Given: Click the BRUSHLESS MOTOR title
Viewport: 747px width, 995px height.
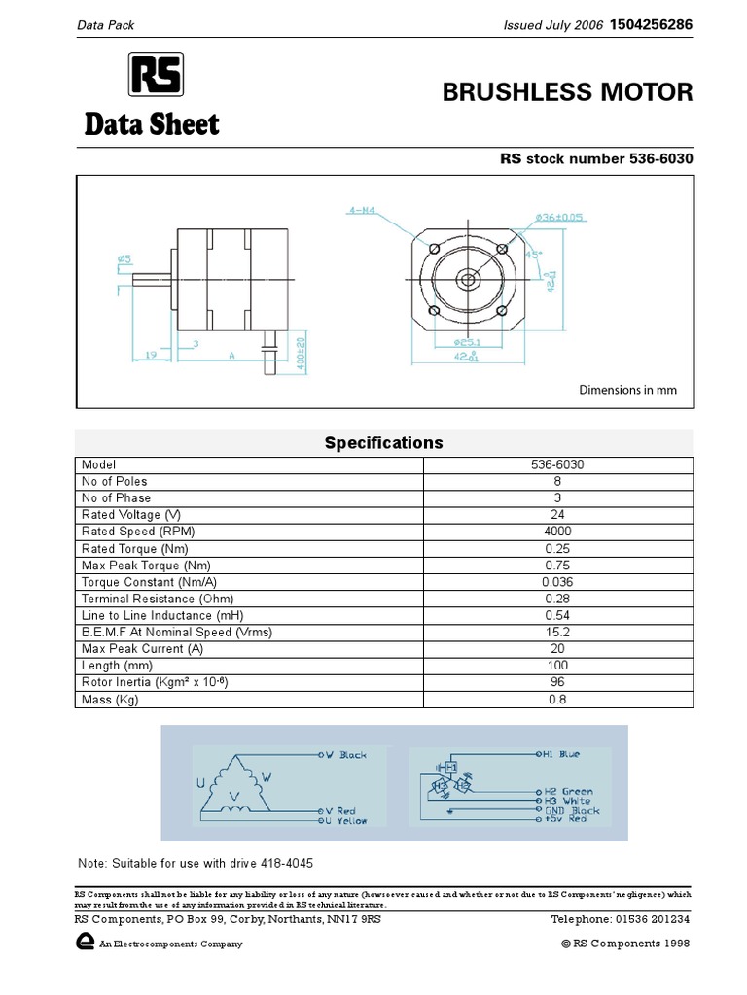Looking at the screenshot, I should (x=568, y=92).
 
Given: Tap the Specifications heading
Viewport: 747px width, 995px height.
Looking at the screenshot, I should (x=383, y=443).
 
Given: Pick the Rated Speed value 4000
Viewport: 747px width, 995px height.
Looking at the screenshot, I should (x=558, y=532).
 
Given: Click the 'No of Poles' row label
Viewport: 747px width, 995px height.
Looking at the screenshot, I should (x=115, y=482).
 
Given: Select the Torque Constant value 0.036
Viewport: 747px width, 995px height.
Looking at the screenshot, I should (x=558, y=582).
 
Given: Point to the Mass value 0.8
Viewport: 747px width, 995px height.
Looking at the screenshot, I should (x=558, y=700).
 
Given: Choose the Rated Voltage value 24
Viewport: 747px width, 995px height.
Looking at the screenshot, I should (x=558, y=515).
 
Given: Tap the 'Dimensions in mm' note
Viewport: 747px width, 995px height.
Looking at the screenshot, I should (x=627, y=391).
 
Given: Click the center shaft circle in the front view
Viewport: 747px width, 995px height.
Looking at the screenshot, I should (x=468, y=280).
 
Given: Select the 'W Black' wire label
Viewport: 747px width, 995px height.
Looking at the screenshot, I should (x=345, y=755).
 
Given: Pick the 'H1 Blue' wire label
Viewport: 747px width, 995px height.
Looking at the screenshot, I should (x=561, y=753).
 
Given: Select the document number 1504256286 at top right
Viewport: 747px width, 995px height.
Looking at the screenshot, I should (x=651, y=25).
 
